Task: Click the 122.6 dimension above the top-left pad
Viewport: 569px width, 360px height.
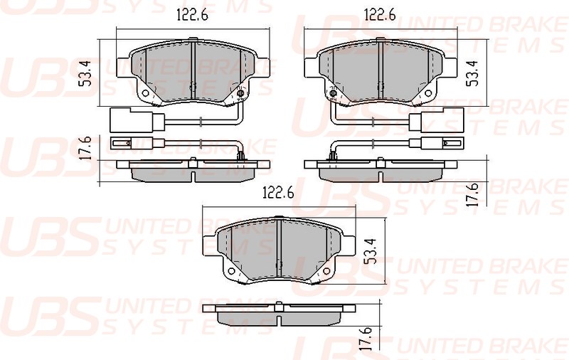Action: point(192,16)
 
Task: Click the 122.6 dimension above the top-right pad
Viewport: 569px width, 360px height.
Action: point(381,16)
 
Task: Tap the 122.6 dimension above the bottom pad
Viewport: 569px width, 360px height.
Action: point(278,193)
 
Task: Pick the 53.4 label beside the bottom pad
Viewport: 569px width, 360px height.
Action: point(369,252)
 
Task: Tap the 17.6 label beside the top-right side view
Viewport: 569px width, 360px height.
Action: point(472,195)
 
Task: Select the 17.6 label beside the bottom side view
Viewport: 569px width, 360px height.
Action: point(367,337)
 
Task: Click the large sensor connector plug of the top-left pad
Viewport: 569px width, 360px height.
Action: point(120,120)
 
